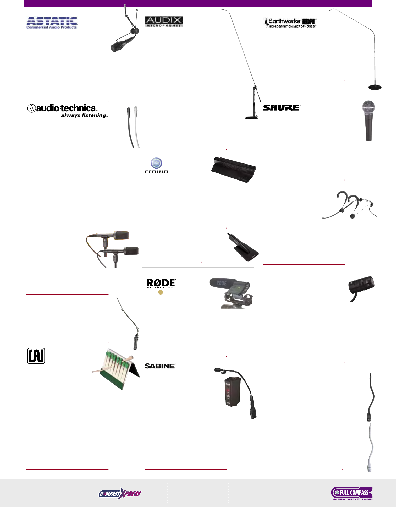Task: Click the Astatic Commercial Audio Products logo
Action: (x=52, y=23)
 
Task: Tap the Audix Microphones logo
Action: (x=164, y=22)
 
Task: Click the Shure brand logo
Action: (x=282, y=108)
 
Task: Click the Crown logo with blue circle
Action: (x=156, y=166)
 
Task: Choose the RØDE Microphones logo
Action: (x=161, y=284)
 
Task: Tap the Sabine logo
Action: (x=160, y=366)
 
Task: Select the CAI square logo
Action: (x=36, y=356)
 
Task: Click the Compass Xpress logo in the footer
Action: (x=120, y=494)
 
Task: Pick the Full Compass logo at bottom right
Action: (x=352, y=493)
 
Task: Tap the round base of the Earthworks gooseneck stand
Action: (x=375, y=87)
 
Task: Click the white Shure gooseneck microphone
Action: (x=370, y=448)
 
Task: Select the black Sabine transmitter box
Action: (x=232, y=391)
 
